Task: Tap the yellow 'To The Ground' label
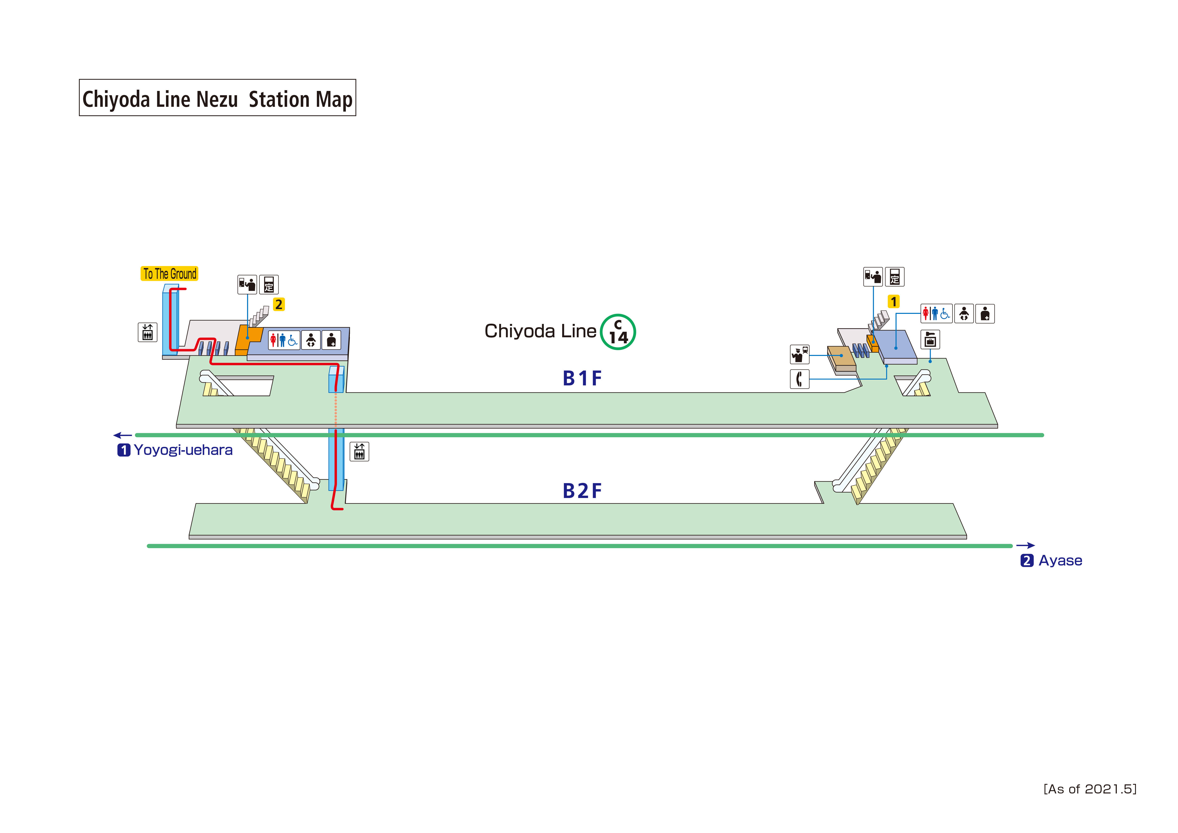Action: point(169,274)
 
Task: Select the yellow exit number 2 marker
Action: point(279,304)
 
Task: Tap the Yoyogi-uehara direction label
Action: point(183,450)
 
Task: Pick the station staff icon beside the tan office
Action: point(799,354)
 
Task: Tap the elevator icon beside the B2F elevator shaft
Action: point(359,452)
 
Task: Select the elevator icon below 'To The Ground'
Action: point(147,332)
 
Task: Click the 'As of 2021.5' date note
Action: point(1090,789)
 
